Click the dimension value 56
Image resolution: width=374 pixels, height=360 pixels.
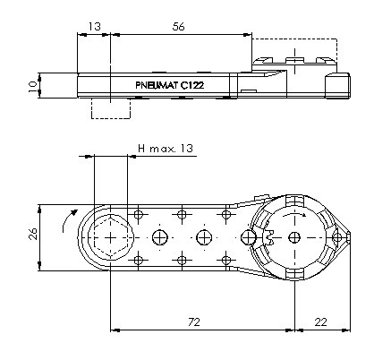[178, 27]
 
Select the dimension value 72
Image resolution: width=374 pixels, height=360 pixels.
[194, 322]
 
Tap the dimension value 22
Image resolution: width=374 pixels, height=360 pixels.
[320, 322]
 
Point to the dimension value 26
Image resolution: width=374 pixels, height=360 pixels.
[33, 234]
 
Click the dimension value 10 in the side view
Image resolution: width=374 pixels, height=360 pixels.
[33, 86]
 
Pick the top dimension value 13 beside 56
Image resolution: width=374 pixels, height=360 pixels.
[95, 27]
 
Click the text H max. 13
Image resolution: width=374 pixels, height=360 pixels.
[166, 149]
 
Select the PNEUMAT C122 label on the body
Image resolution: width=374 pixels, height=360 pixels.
[170, 85]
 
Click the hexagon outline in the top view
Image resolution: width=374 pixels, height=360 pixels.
[111, 238]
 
